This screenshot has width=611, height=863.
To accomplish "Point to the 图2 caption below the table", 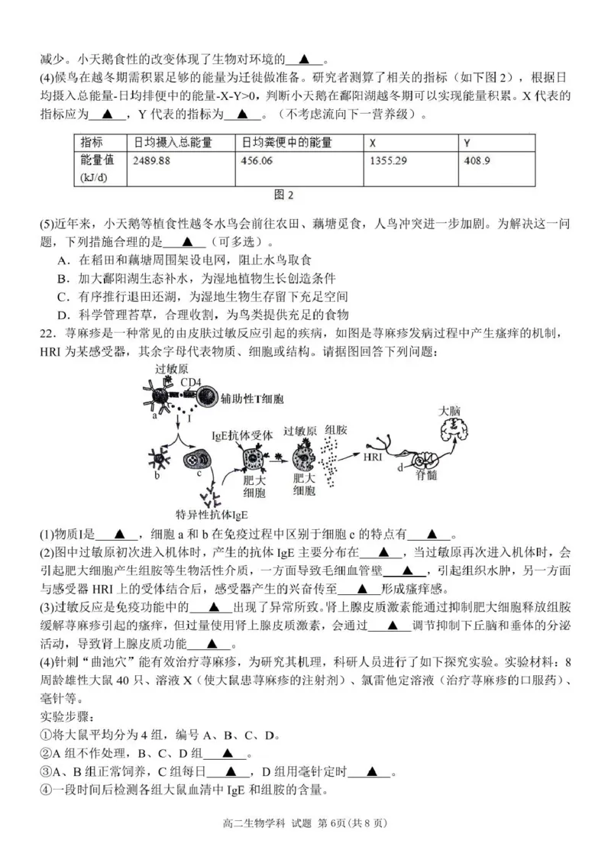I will (x=283, y=195).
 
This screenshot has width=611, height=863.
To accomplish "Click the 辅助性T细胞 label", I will (x=251, y=399).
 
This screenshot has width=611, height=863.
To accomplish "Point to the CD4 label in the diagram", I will (x=190, y=381).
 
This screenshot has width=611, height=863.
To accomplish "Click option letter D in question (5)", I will (x=63, y=315).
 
